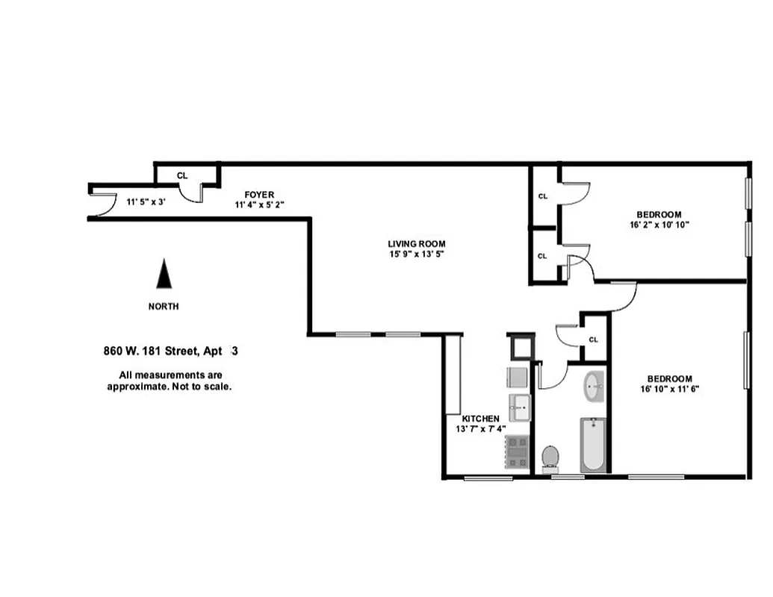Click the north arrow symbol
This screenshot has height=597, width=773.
pyautogui.click(x=164, y=274)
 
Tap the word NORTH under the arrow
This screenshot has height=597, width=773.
pyautogui.click(x=164, y=306)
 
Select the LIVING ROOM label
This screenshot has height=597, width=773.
pyautogui.click(x=416, y=243)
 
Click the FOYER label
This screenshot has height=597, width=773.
pyautogui.click(x=259, y=195)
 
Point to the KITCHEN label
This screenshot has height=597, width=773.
pyautogui.click(x=480, y=419)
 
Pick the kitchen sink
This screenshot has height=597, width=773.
pyautogui.click(x=520, y=408)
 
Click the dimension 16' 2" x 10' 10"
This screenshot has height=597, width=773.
pyautogui.click(x=659, y=223)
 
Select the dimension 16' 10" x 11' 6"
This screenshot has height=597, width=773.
pyautogui.click(x=669, y=388)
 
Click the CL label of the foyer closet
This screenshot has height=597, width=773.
pyautogui.click(x=181, y=176)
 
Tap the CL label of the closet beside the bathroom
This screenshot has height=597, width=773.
pyautogui.click(x=594, y=340)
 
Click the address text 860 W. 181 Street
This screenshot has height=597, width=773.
pyautogui.click(x=149, y=350)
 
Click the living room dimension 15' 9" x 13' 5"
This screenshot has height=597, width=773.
pyautogui.click(x=416, y=254)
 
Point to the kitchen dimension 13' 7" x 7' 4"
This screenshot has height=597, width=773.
pyautogui.click(x=480, y=429)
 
